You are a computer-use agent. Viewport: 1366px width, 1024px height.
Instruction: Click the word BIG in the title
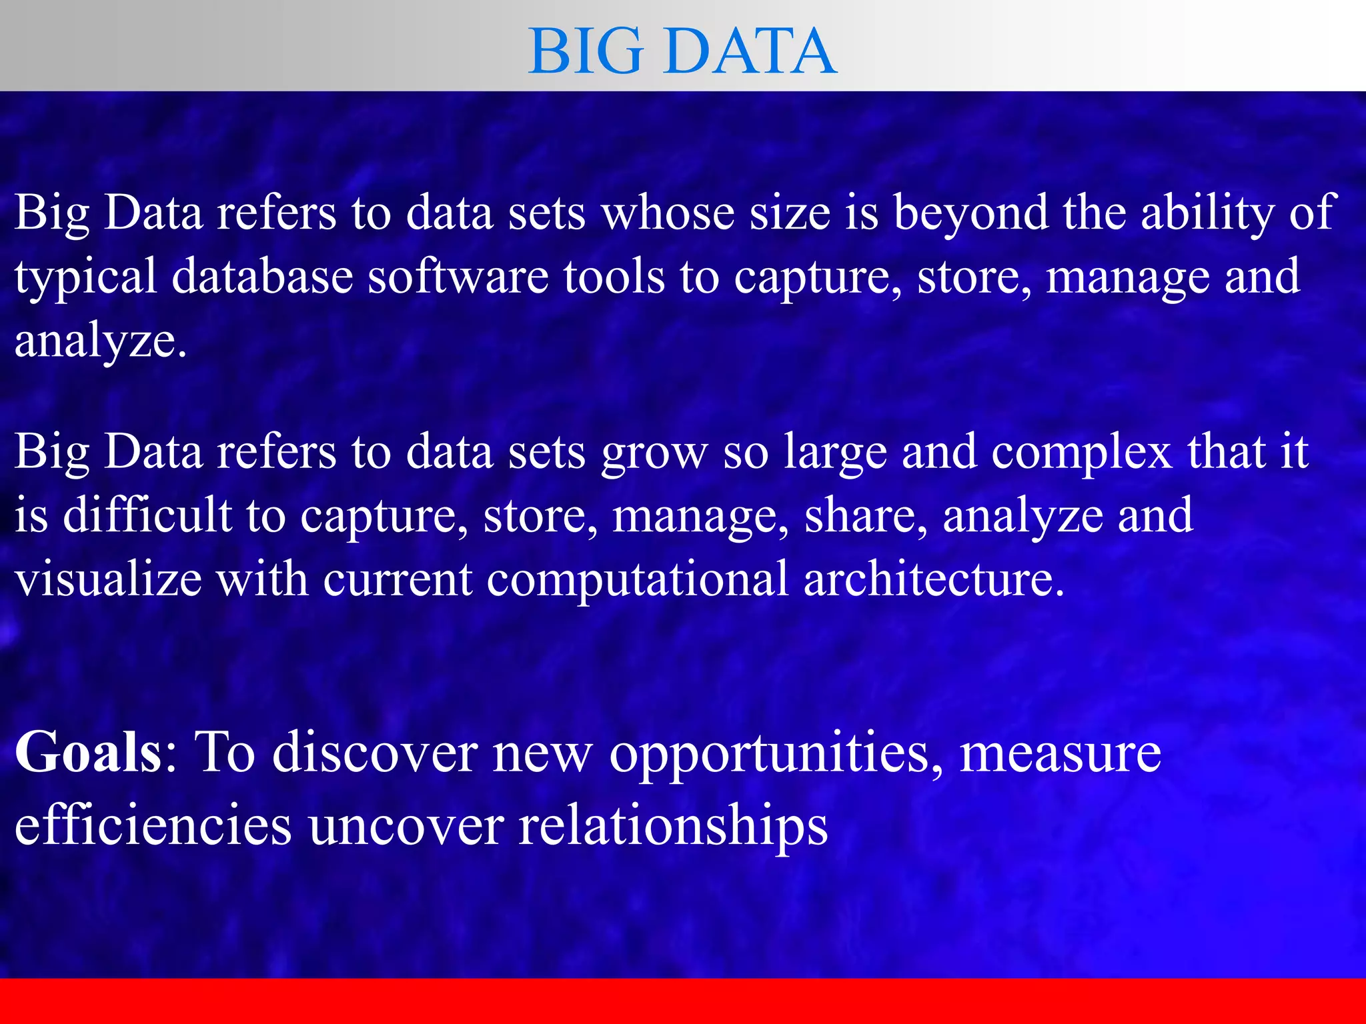coord(586,51)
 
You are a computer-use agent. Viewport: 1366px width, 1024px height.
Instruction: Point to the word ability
coord(1207,213)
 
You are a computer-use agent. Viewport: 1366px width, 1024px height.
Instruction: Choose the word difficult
coord(147,515)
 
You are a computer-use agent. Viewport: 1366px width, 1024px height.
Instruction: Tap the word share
coord(865,515)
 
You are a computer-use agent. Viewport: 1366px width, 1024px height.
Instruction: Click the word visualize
coord(109,578)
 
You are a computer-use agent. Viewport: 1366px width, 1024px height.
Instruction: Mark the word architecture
coord(934,578)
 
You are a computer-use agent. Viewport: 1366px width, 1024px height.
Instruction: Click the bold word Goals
coord(88,752)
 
